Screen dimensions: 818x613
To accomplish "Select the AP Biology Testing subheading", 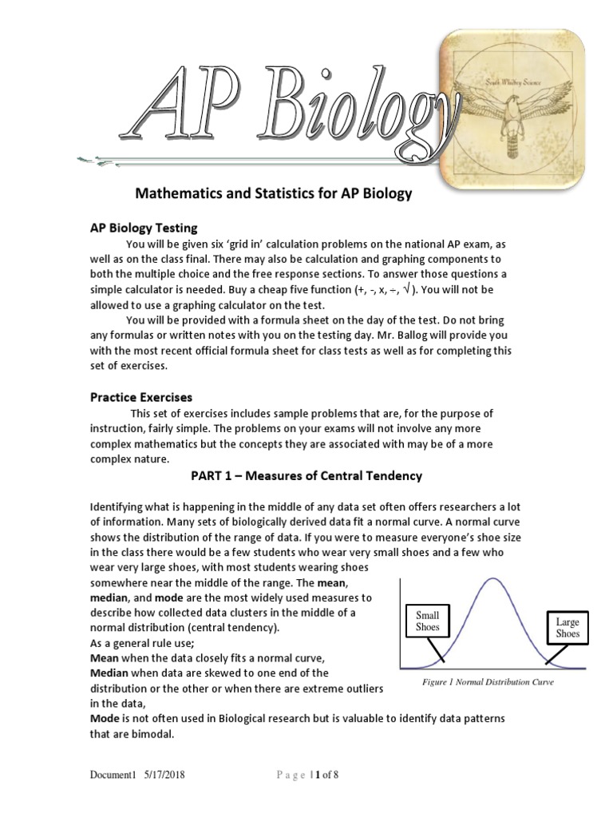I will pos(143,228).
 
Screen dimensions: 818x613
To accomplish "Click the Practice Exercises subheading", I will pos(140,397).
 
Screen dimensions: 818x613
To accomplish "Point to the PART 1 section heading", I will pos(306,476).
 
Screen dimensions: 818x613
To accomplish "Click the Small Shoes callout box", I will pos(428,621).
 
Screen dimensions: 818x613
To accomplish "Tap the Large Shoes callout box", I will pos(568,627).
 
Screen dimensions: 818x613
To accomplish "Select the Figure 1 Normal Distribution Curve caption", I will pos(488,682).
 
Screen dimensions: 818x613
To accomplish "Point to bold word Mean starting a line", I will pos(105,657).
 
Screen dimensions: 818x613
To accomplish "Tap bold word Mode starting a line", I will pos(105,719).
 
